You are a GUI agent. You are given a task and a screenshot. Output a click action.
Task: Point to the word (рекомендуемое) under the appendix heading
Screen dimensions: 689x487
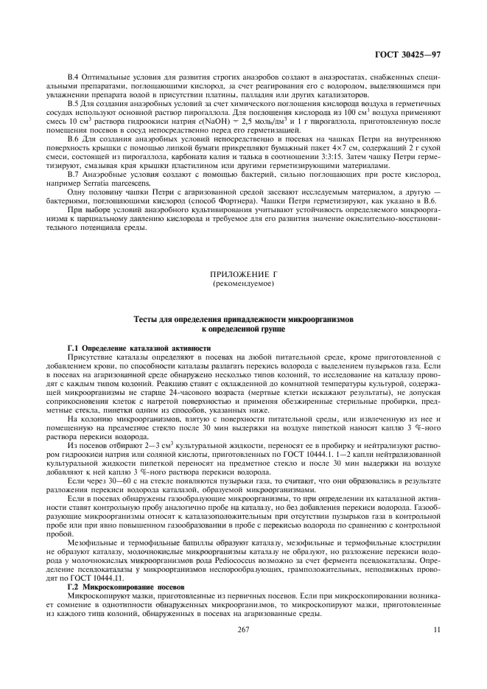point(243,283)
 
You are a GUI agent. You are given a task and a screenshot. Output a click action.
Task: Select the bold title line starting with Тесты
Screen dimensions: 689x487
point(243,321)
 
